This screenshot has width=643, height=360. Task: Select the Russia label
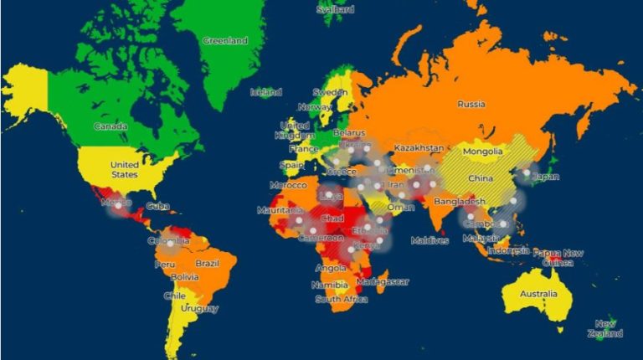pyautogui.click(x=471, y=105)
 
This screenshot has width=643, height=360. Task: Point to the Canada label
pyautogui.click(x=111, y=126)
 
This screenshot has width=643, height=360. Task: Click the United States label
pyautogui.click(x=124, y=169)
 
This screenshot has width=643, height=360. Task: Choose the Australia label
pyautogui.click(x=538, y=294)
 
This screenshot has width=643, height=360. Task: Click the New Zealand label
pyautogui.click(x=609, y=328)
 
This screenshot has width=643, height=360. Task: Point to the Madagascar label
pyautogui.click(x=382, y=282)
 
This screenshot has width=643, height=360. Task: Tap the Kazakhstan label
pyautogui.click(x=418, y=147)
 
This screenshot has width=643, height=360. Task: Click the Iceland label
pyautogui.click(x=266, y=92)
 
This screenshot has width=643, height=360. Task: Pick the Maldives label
pyautogui.click(x=429, y=240)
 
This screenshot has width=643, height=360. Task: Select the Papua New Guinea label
pyautogui.click(x=558, y=258)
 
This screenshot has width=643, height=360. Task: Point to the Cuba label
pyautogui.click(x=157, y=206)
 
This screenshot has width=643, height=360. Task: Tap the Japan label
pyautogui.click(x=547, y=177)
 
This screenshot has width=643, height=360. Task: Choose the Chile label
pyautogui.click(x=175, y=296)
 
